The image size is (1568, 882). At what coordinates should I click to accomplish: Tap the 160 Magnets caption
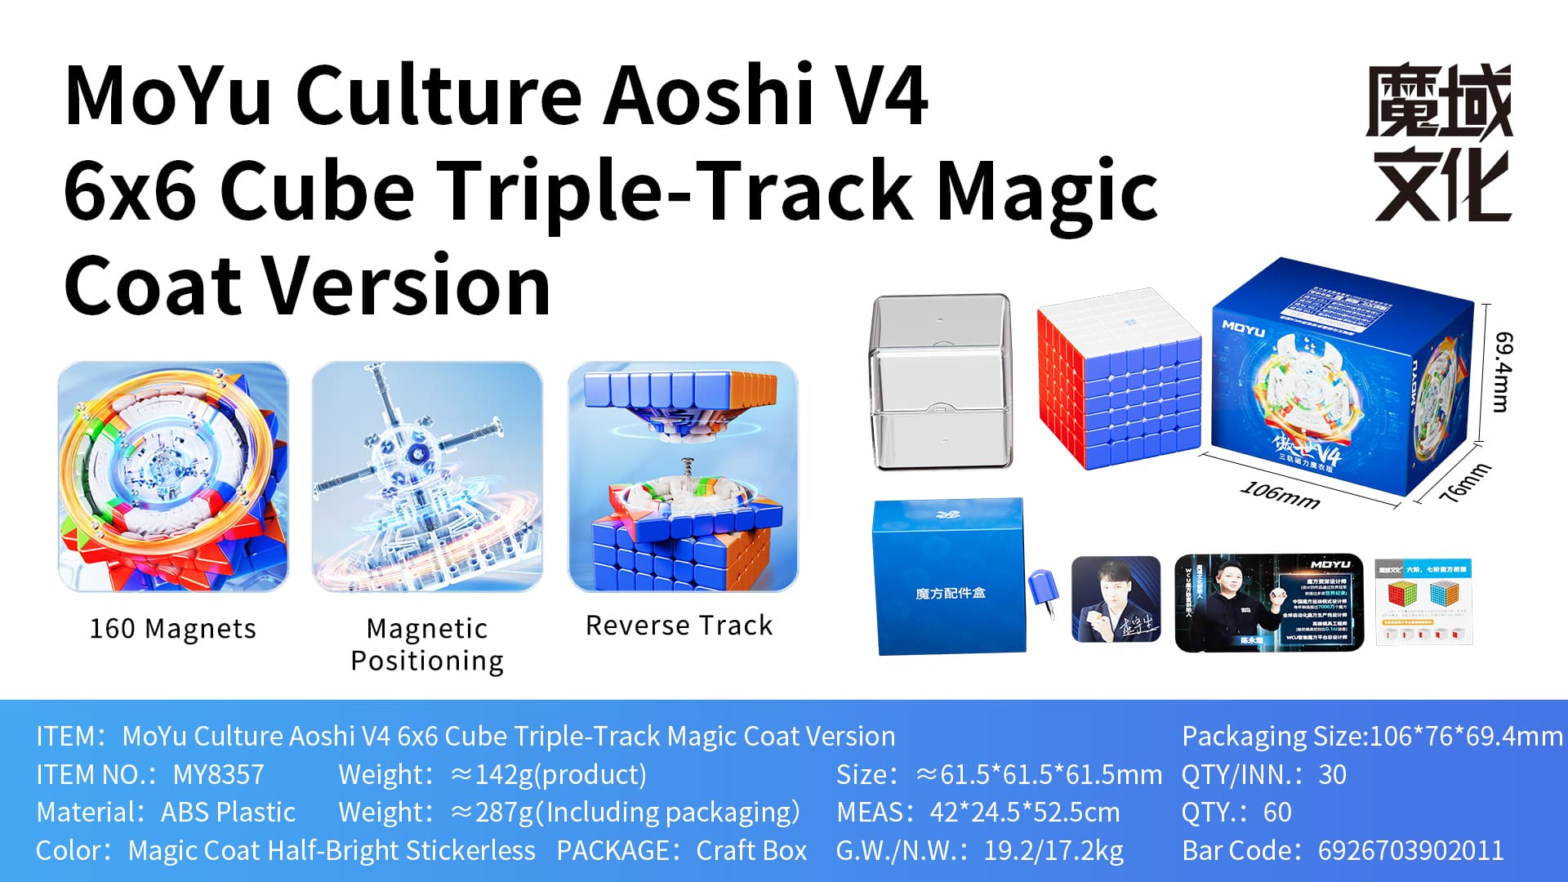[172, 629]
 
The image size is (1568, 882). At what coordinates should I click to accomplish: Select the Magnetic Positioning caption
[427, 644]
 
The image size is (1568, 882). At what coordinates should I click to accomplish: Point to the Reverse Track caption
[679, 626]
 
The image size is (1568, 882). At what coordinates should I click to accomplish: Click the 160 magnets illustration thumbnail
[173, 477]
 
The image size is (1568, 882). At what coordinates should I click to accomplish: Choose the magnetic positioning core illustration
[427, 477]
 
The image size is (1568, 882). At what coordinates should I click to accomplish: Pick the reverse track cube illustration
[683, 477]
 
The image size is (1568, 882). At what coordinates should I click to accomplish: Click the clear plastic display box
[941, 382]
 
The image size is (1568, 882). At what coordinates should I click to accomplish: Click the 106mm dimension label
[1280, 494]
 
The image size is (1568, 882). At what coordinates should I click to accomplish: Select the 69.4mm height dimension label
[1503, 372]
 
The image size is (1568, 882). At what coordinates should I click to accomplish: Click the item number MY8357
[218, 774]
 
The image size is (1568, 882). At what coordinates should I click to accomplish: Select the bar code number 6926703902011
[1410, 850]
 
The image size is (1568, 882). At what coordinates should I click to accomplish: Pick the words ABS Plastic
[228, 813]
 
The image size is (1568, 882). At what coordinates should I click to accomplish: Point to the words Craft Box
[751, 850]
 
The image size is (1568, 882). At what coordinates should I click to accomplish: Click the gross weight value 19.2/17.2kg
[1053, 850]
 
